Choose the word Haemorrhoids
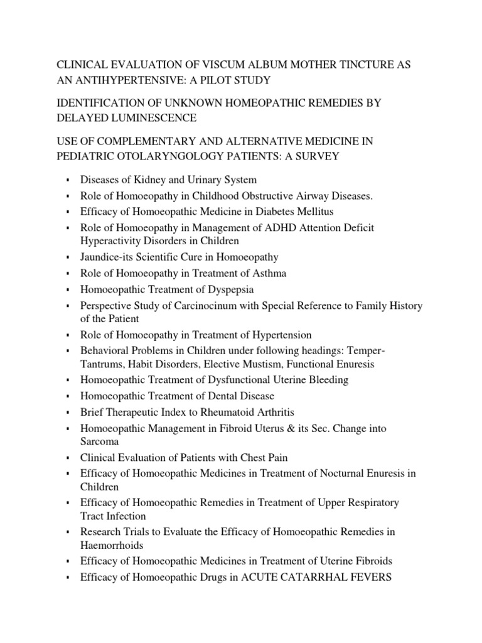(112, 545)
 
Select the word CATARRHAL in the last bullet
(301, 577)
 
